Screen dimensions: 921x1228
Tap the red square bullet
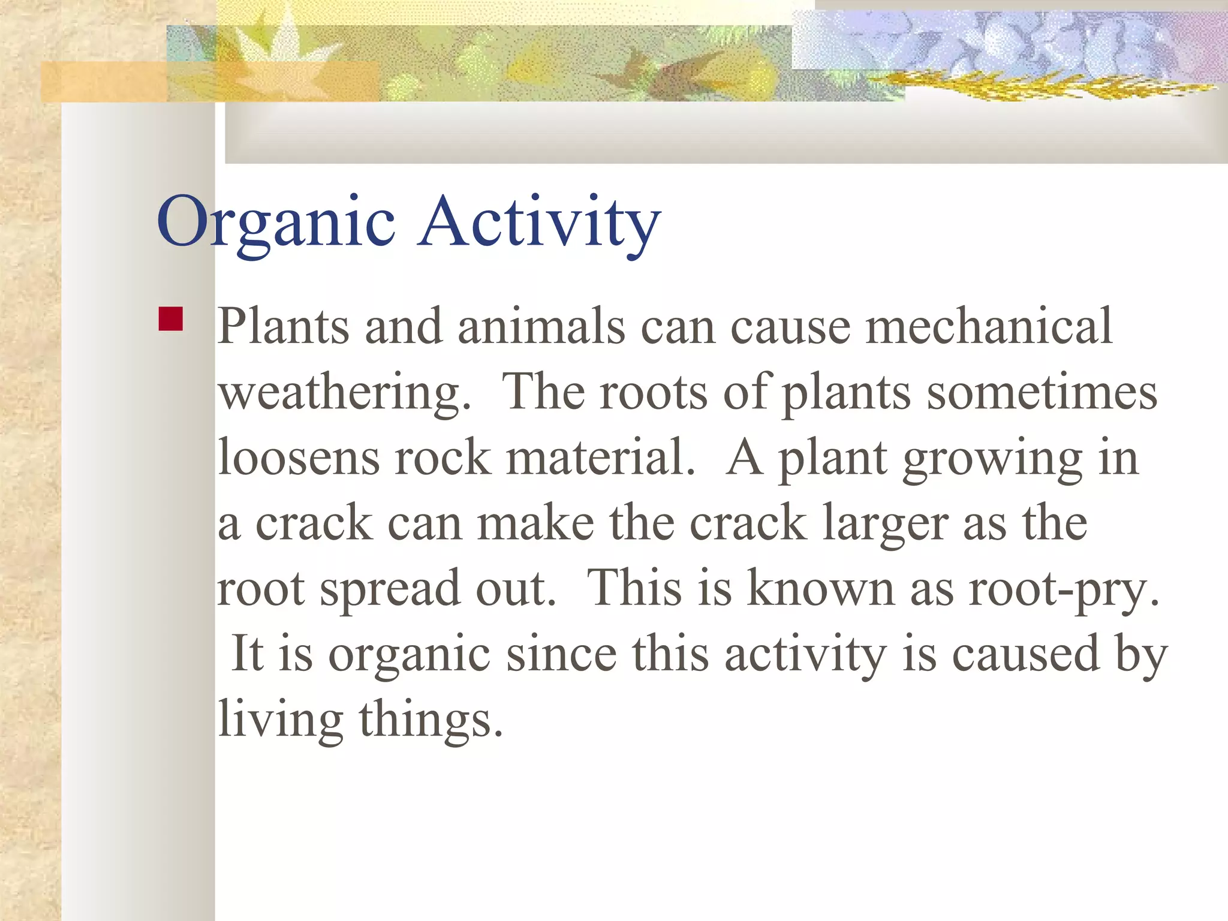[x=170, y=319]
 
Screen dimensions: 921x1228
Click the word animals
[x=541, y=327]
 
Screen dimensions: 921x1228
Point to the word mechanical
[x=989, y=327]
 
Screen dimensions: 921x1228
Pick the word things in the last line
[x=430, y=720]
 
